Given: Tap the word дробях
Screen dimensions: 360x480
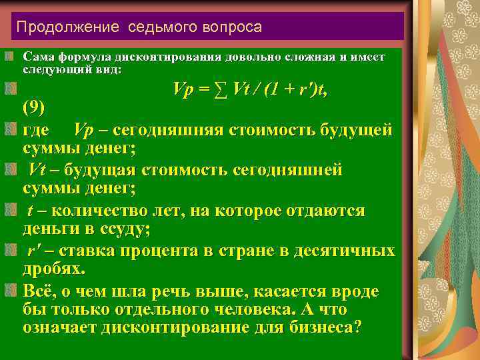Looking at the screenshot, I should click(54, 270).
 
